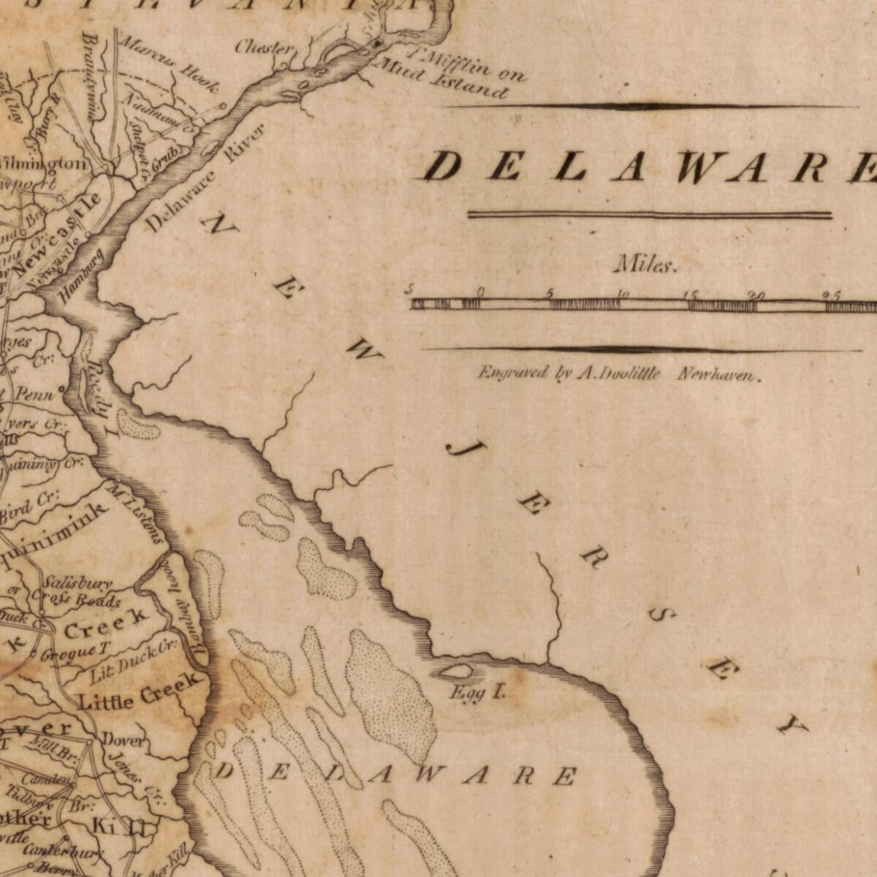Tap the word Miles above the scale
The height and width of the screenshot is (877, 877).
point(646,265)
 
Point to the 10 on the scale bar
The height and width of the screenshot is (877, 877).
point(622,294)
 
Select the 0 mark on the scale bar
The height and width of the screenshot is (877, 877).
point(480,292)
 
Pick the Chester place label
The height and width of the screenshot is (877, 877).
point(265,48)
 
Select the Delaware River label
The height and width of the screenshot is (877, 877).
point(206,178)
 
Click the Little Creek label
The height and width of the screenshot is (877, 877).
point(138,693)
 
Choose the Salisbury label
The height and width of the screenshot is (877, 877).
point(77,583)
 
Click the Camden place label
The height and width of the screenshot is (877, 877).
point(46,780)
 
